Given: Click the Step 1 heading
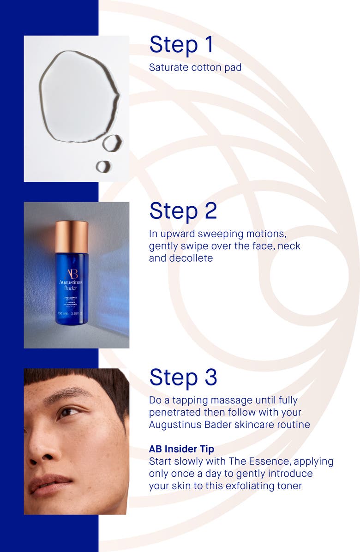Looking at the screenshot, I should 181,45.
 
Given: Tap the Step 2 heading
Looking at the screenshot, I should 183,210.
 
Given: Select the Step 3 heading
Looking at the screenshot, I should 183,377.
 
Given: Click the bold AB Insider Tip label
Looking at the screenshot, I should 181,449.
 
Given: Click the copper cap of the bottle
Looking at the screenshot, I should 72,236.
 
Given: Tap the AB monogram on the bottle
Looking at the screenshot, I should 71,274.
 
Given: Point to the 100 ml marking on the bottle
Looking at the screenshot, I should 63,313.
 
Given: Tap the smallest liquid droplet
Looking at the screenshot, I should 103,166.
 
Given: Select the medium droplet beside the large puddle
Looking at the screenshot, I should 112,143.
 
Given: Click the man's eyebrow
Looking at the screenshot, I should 69,395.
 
